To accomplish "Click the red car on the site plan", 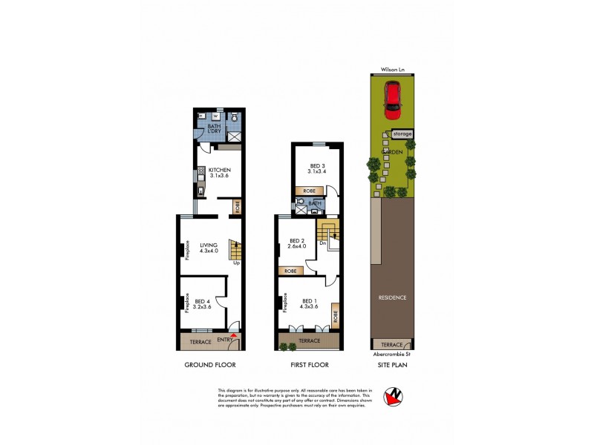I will [x=392, y=101].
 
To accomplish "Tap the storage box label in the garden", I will [x=402, y=133].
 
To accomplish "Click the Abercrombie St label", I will [x=393, y=354].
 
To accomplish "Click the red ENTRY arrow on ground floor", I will [x=235, y=336].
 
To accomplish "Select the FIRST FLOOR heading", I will [x=308, y=365].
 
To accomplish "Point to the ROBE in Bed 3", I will [x=307, y=191].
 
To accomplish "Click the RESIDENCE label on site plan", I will [x=392, y=298].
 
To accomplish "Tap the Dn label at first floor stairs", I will [x=323, y=242].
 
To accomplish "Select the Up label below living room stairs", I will [x=236, y=263].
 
